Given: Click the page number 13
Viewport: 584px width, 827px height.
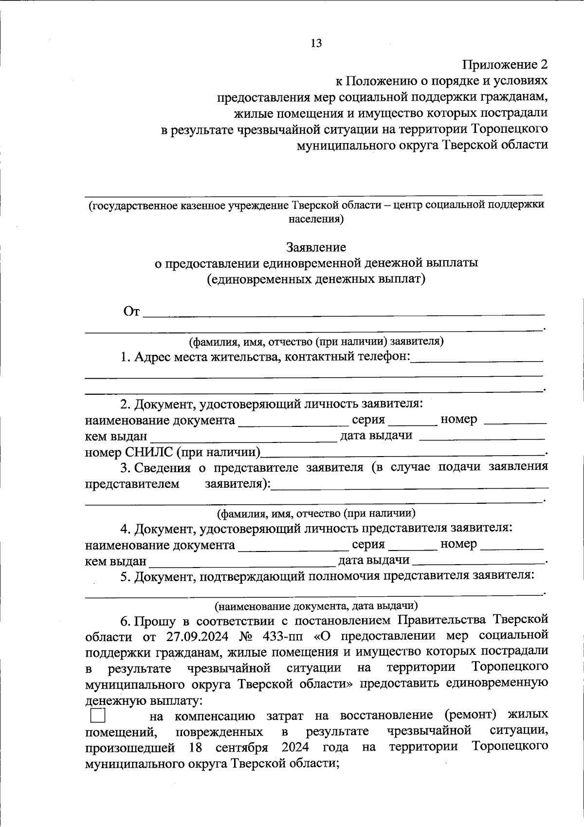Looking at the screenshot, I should (316, 43).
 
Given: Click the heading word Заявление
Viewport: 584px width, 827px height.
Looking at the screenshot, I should (316, 247).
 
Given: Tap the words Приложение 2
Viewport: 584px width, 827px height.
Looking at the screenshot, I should (505, 64).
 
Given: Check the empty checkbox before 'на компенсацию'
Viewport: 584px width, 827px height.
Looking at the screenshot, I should (97, 716).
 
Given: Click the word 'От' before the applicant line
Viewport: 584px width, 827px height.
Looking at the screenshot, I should (132, 312).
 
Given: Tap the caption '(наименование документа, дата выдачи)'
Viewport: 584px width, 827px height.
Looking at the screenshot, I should (316, 606).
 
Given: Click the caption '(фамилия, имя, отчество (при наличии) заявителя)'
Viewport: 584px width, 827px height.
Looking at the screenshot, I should (316, 341).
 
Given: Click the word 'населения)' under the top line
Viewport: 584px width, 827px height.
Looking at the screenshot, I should (316, 219).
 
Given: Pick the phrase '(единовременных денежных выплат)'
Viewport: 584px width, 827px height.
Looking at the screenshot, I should (316, 279).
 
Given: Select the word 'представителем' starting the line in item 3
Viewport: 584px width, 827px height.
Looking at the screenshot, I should (132, 484).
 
